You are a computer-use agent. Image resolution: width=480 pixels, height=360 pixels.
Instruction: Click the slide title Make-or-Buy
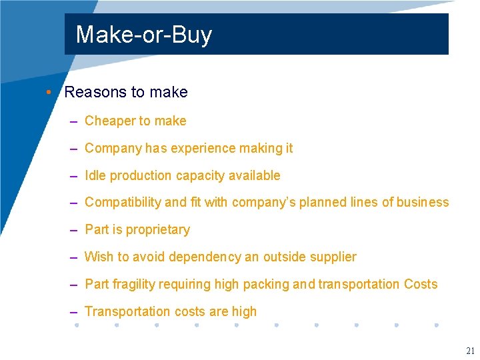coord(143,34)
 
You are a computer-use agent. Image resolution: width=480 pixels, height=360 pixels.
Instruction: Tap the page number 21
coord(471,351)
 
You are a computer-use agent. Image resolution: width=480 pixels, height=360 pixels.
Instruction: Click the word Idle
coord(95,176)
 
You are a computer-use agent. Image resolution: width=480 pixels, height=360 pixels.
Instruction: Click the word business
coord(423,203)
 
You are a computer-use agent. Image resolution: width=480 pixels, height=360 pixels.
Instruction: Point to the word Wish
coord(99,257)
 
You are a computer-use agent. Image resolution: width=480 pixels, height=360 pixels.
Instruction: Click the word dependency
coord(206,257)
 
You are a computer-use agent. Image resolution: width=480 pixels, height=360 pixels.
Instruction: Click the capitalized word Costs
coord(421,285)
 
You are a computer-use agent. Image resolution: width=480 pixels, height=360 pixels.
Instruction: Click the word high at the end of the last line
coord(244,311)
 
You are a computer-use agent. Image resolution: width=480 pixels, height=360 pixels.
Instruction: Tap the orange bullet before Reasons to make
coord(50,92)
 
